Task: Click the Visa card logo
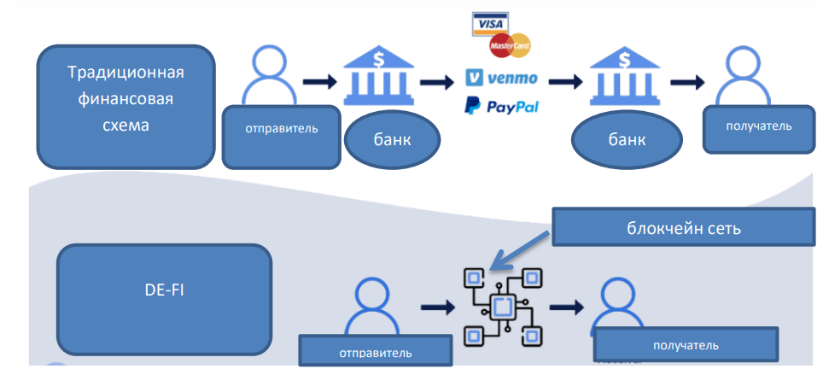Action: [x=489, y=24]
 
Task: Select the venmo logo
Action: [x=502, y=78]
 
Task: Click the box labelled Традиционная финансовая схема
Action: [x=125, y=107]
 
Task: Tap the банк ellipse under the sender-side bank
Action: [x=392, y=139]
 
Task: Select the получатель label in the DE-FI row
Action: [x=686, y=345]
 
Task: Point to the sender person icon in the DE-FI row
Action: [x=373, y=306]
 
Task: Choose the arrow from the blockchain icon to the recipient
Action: [x=566, y=306]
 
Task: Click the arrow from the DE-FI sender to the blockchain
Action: [x=437, y=306]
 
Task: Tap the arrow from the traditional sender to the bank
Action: [x=318, y=82]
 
